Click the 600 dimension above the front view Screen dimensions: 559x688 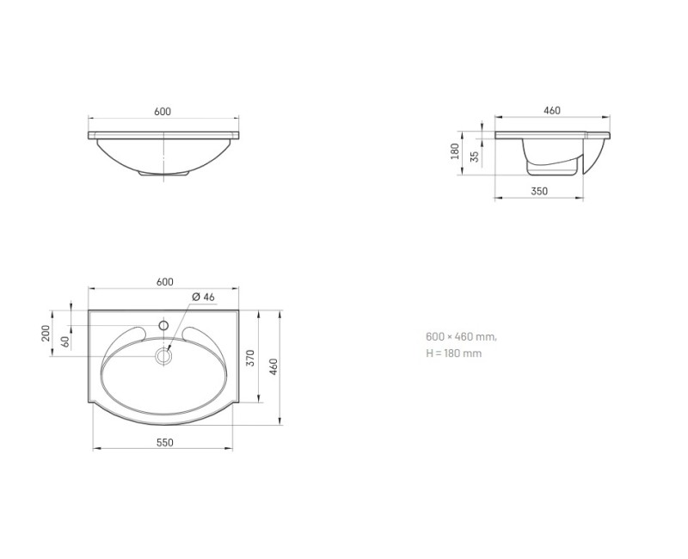pos(163,112)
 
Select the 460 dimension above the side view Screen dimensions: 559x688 pos(552,111)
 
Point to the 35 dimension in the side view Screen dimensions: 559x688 pos(475,156)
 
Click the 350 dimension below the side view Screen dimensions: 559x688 pos(539,192)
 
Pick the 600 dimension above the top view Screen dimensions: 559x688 pos(165,282)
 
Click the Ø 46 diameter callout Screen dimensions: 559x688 pos(203,297)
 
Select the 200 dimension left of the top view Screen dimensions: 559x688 pos(46,334)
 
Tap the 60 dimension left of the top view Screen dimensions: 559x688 pos(65,341)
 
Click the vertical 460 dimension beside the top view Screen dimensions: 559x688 pos(273,366)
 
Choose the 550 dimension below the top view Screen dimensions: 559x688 pos(164,442)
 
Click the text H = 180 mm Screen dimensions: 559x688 pos(453,353)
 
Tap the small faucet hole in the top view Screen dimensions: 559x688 pos(164,327)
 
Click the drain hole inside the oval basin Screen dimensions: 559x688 pos(164,355)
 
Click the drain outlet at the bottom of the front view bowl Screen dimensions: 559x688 pos(163,173)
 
